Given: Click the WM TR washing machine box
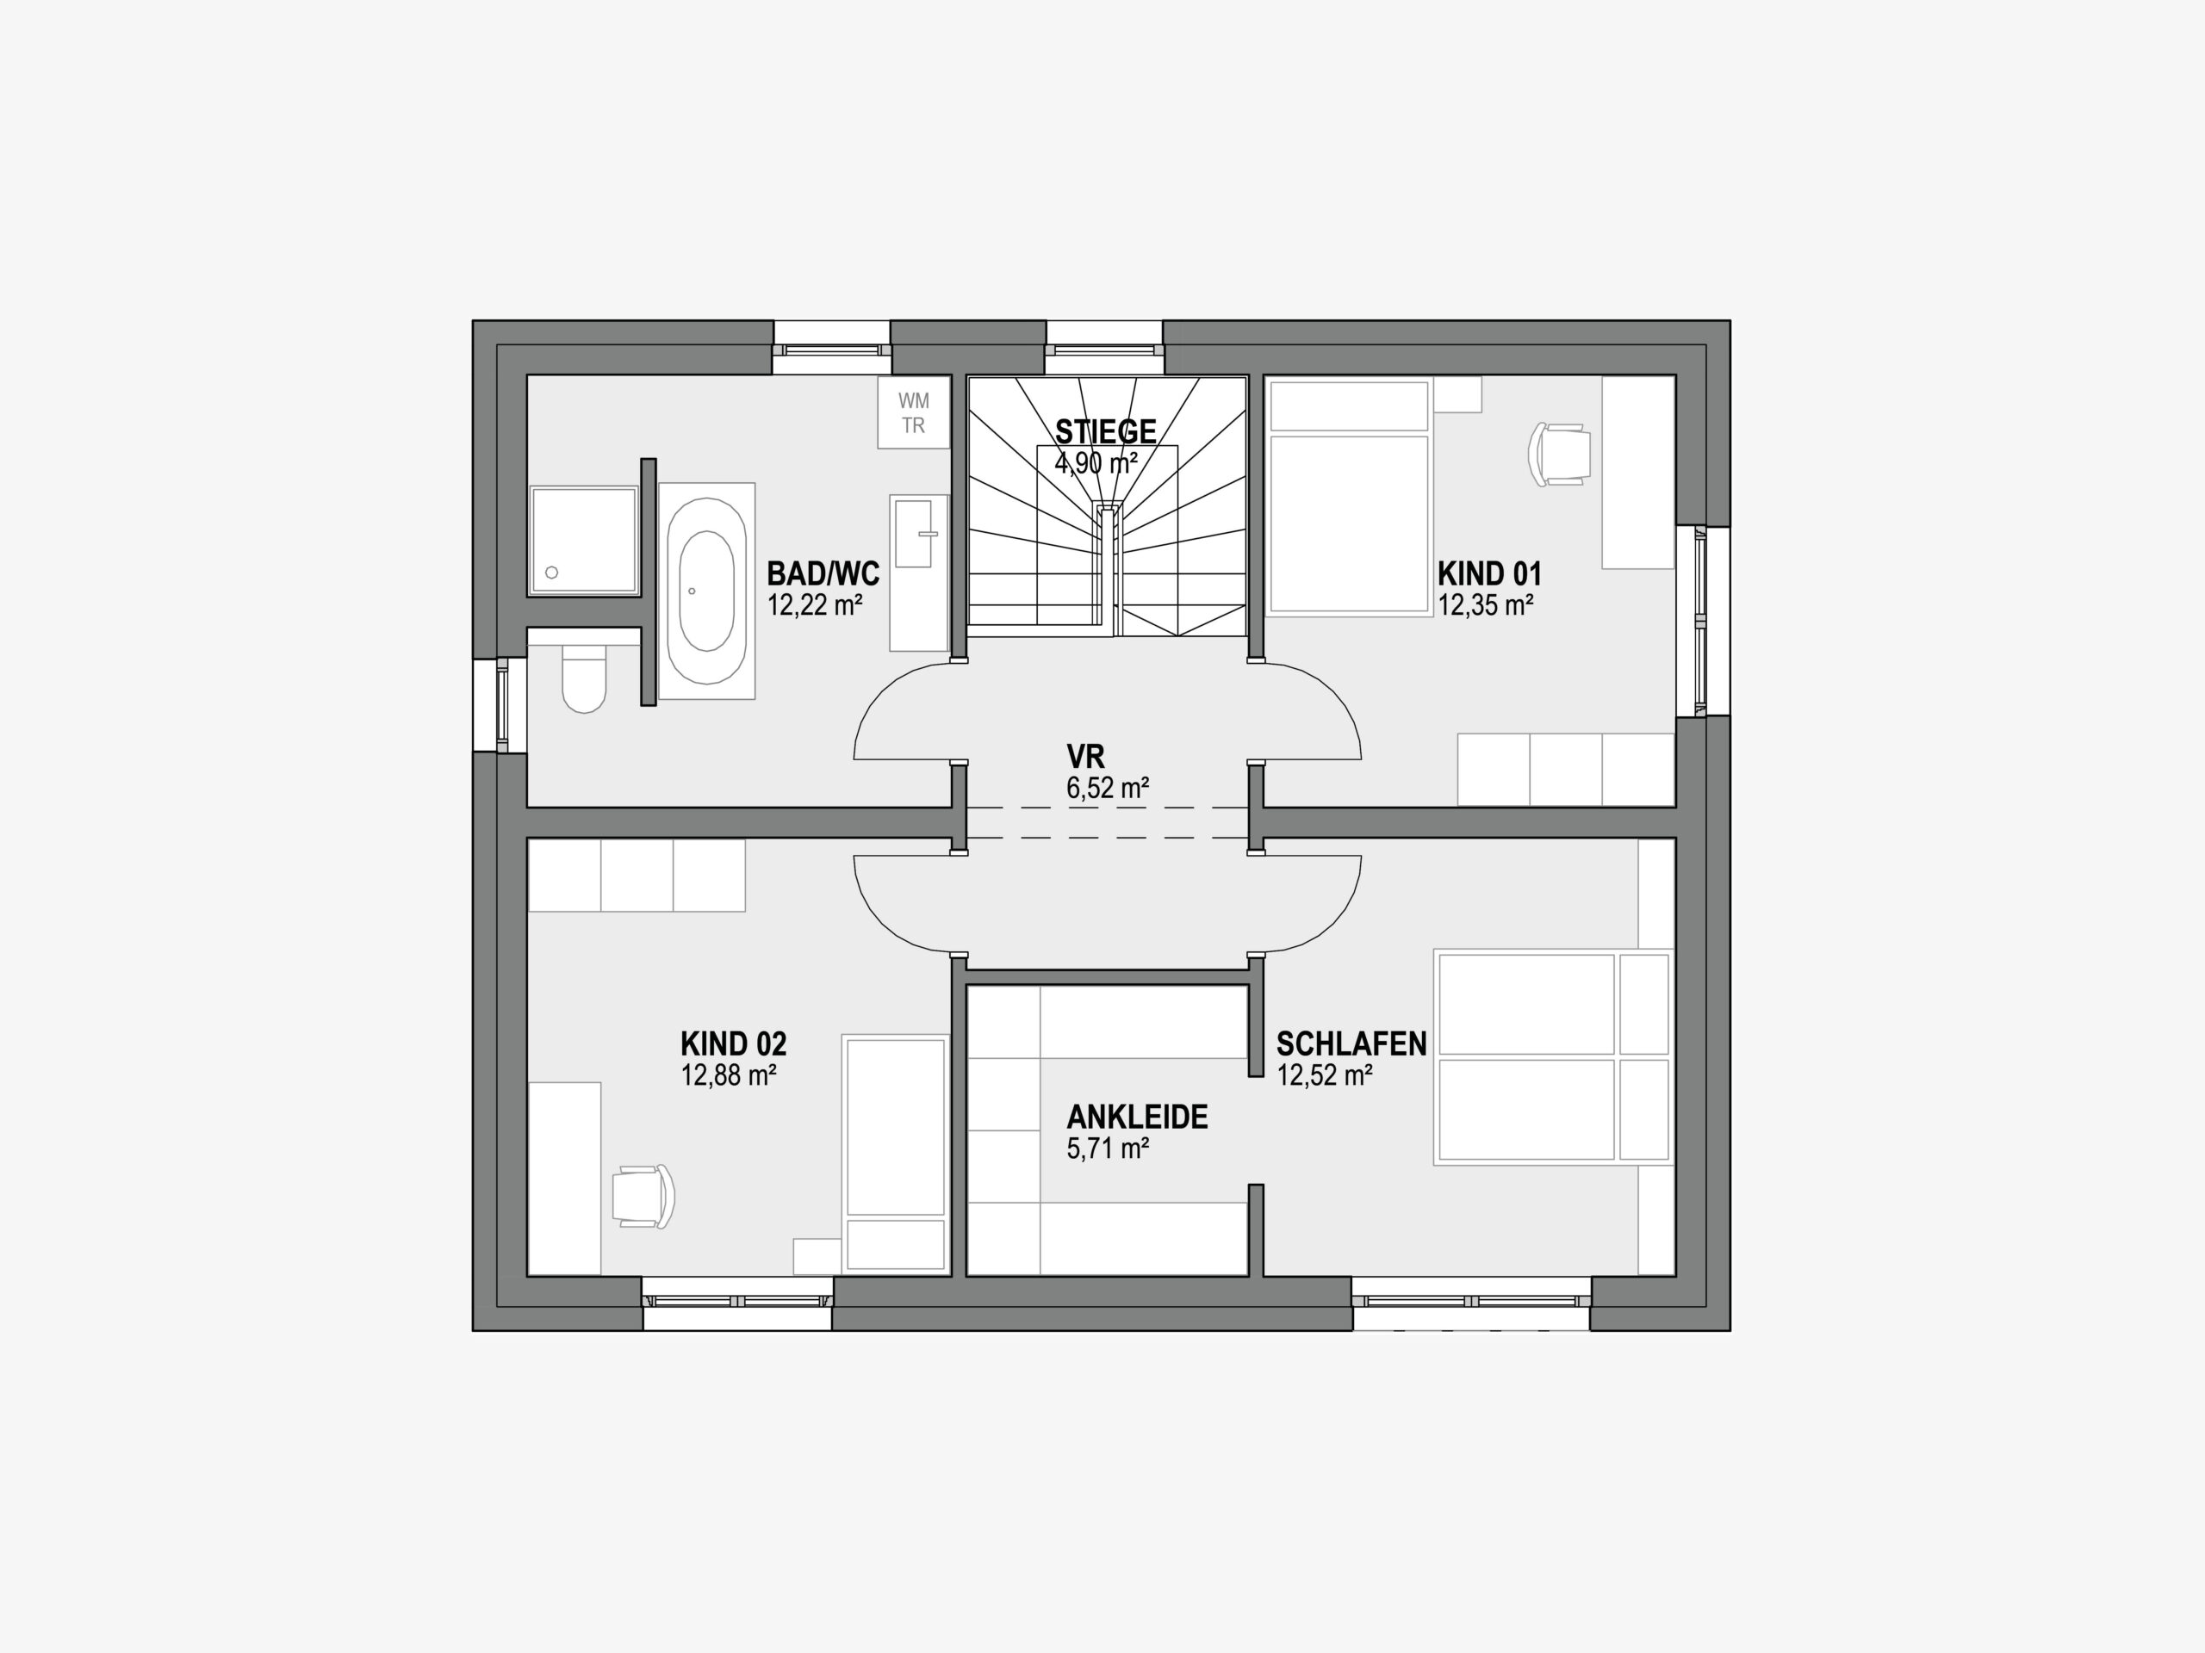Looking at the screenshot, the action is (x=913, y=412).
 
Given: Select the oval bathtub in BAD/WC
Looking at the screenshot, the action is (x=707, y=591).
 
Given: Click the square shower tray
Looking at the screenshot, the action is (x=583, y=540).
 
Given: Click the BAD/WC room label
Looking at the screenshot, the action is (x=823, y=574).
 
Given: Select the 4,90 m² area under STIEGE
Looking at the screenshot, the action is (x=1096, y=463).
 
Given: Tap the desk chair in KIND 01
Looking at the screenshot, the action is (x=1557, y=455).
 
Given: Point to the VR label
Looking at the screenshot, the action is (x=1085, y=756).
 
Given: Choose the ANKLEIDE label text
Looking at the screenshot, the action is (x=1138, y=1117).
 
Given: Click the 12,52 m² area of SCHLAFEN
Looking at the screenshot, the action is (x=1325, y=1075).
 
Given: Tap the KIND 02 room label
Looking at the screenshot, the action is (x=734, y=1044).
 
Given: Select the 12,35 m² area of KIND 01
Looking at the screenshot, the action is (x=1485, y=604).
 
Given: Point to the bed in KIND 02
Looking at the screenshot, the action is (x=895, y=1154).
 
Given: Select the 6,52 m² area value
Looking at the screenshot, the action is (x=1108, y=788).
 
